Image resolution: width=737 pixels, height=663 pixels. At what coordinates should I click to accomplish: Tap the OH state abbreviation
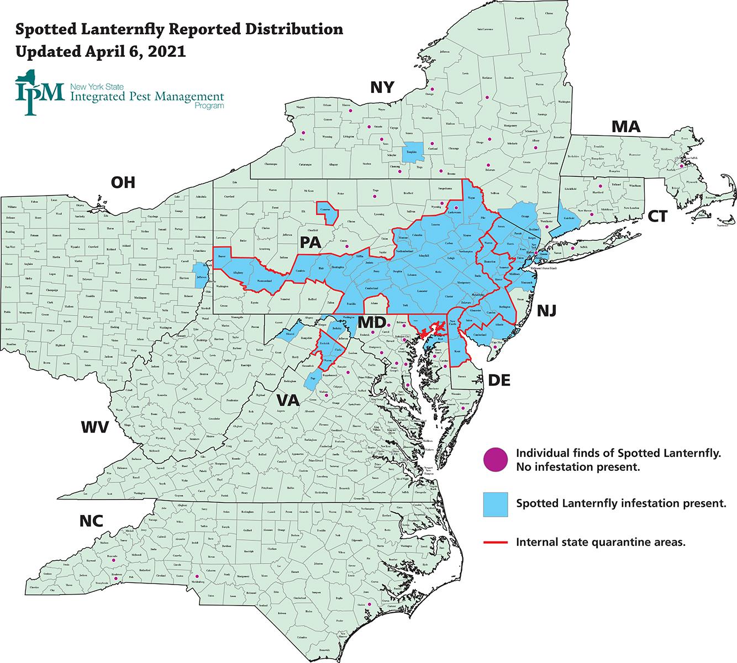(x=123, y=182)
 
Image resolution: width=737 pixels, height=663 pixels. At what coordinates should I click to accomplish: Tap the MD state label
(x=371, y=322)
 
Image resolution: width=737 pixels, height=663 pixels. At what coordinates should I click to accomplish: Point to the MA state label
(x=625, y=127)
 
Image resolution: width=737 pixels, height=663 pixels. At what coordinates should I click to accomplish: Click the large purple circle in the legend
(x=495, y=460)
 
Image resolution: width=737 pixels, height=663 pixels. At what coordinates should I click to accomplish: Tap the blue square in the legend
(x=495, y=503)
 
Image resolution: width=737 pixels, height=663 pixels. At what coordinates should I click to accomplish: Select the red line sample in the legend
(x=495, y=542)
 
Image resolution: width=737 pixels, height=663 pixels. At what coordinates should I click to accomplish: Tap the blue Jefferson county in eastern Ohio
(x=200, y=275)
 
